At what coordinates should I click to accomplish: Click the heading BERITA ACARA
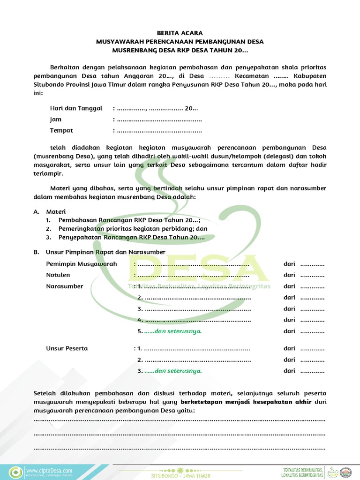click(x=180, y=33)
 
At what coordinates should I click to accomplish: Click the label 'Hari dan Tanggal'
click(x=76, y=108)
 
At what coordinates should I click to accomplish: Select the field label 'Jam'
click(x=56, y=120)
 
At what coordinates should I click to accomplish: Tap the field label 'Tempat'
click(x=61, y=130)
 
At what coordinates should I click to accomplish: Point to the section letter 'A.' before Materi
click(x=37, y=212)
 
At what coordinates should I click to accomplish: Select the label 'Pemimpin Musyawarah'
click(x=81, y=264)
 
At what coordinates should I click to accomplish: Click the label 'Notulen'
click(x=58, y=275)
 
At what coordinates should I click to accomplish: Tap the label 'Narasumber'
click(x=64, y=286)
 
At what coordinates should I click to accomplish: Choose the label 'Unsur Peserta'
click(x=67, y=348)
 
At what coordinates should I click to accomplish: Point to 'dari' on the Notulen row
click(x=289, y=275)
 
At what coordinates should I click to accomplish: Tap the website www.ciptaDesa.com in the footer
click(x=49, y=470)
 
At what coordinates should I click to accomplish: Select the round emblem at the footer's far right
click(x=348, y=472)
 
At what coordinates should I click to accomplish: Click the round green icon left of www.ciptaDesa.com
click(x=16, y=472)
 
